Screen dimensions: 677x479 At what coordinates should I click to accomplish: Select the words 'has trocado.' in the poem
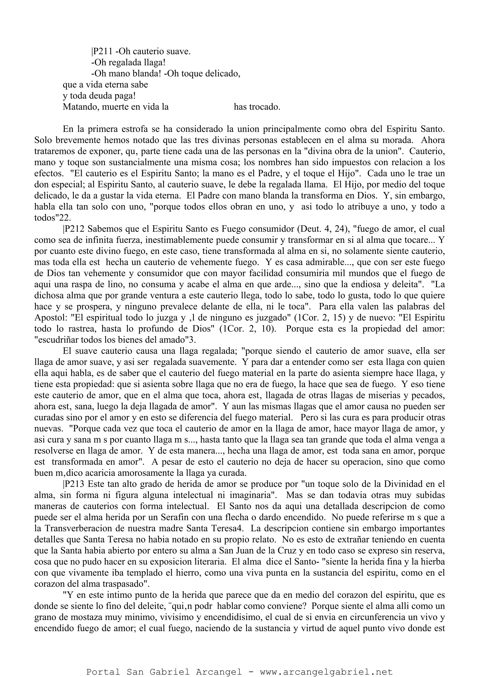[257, 107]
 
